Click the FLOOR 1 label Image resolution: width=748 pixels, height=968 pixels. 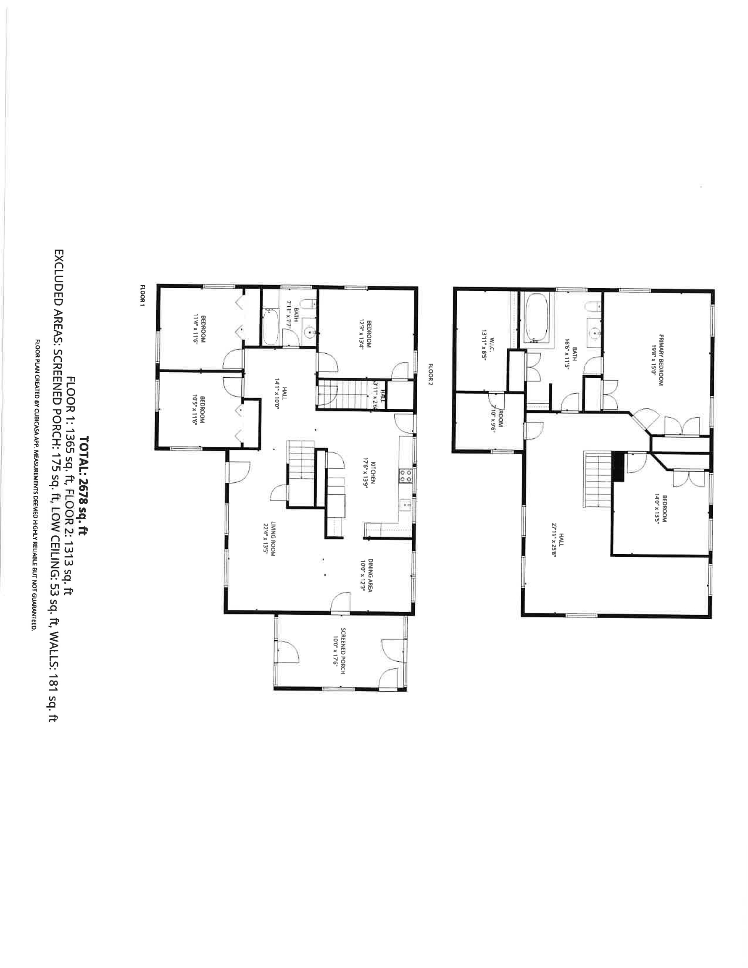coord(143,296)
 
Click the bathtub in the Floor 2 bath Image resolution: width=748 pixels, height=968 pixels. coord(537,318)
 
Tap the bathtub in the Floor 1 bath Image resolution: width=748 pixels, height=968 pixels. coord(271,328)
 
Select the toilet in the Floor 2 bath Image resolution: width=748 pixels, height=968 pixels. coord(593,307)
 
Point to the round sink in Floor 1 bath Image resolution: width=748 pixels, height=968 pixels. coord(311,331)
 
